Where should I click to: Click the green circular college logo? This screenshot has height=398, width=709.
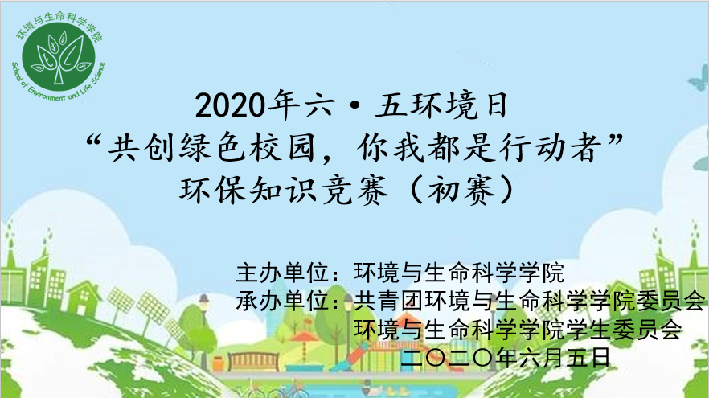coord(59,56)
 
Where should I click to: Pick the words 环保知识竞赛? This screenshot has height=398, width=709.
coord(284,190)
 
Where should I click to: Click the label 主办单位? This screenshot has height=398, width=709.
coord(282,273)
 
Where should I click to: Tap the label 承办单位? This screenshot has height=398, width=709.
coord(282,301)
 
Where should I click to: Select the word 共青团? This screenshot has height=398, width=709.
coord(389,301)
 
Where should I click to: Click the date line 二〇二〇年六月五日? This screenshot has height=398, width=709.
coord(505,357)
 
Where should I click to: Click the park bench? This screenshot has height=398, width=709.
coord(252,361)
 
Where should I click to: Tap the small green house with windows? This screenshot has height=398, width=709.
coord(84,297)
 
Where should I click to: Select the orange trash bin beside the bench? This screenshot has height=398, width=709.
coord(218,364)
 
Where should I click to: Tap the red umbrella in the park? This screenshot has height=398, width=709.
coord(303,337)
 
